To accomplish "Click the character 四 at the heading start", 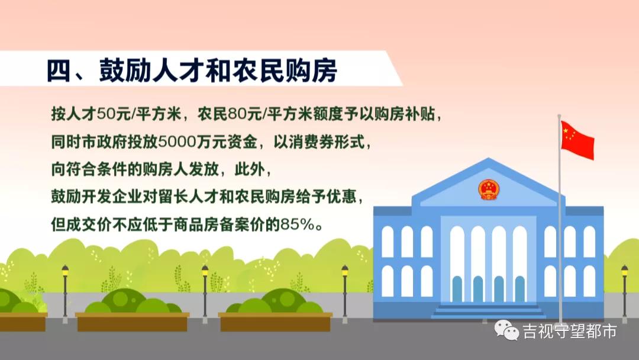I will [x=60, y=70].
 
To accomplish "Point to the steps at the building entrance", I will [x=489, y=311].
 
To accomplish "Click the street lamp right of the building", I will [x=624, y=290].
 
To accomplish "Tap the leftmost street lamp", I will [x=65, y=290].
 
